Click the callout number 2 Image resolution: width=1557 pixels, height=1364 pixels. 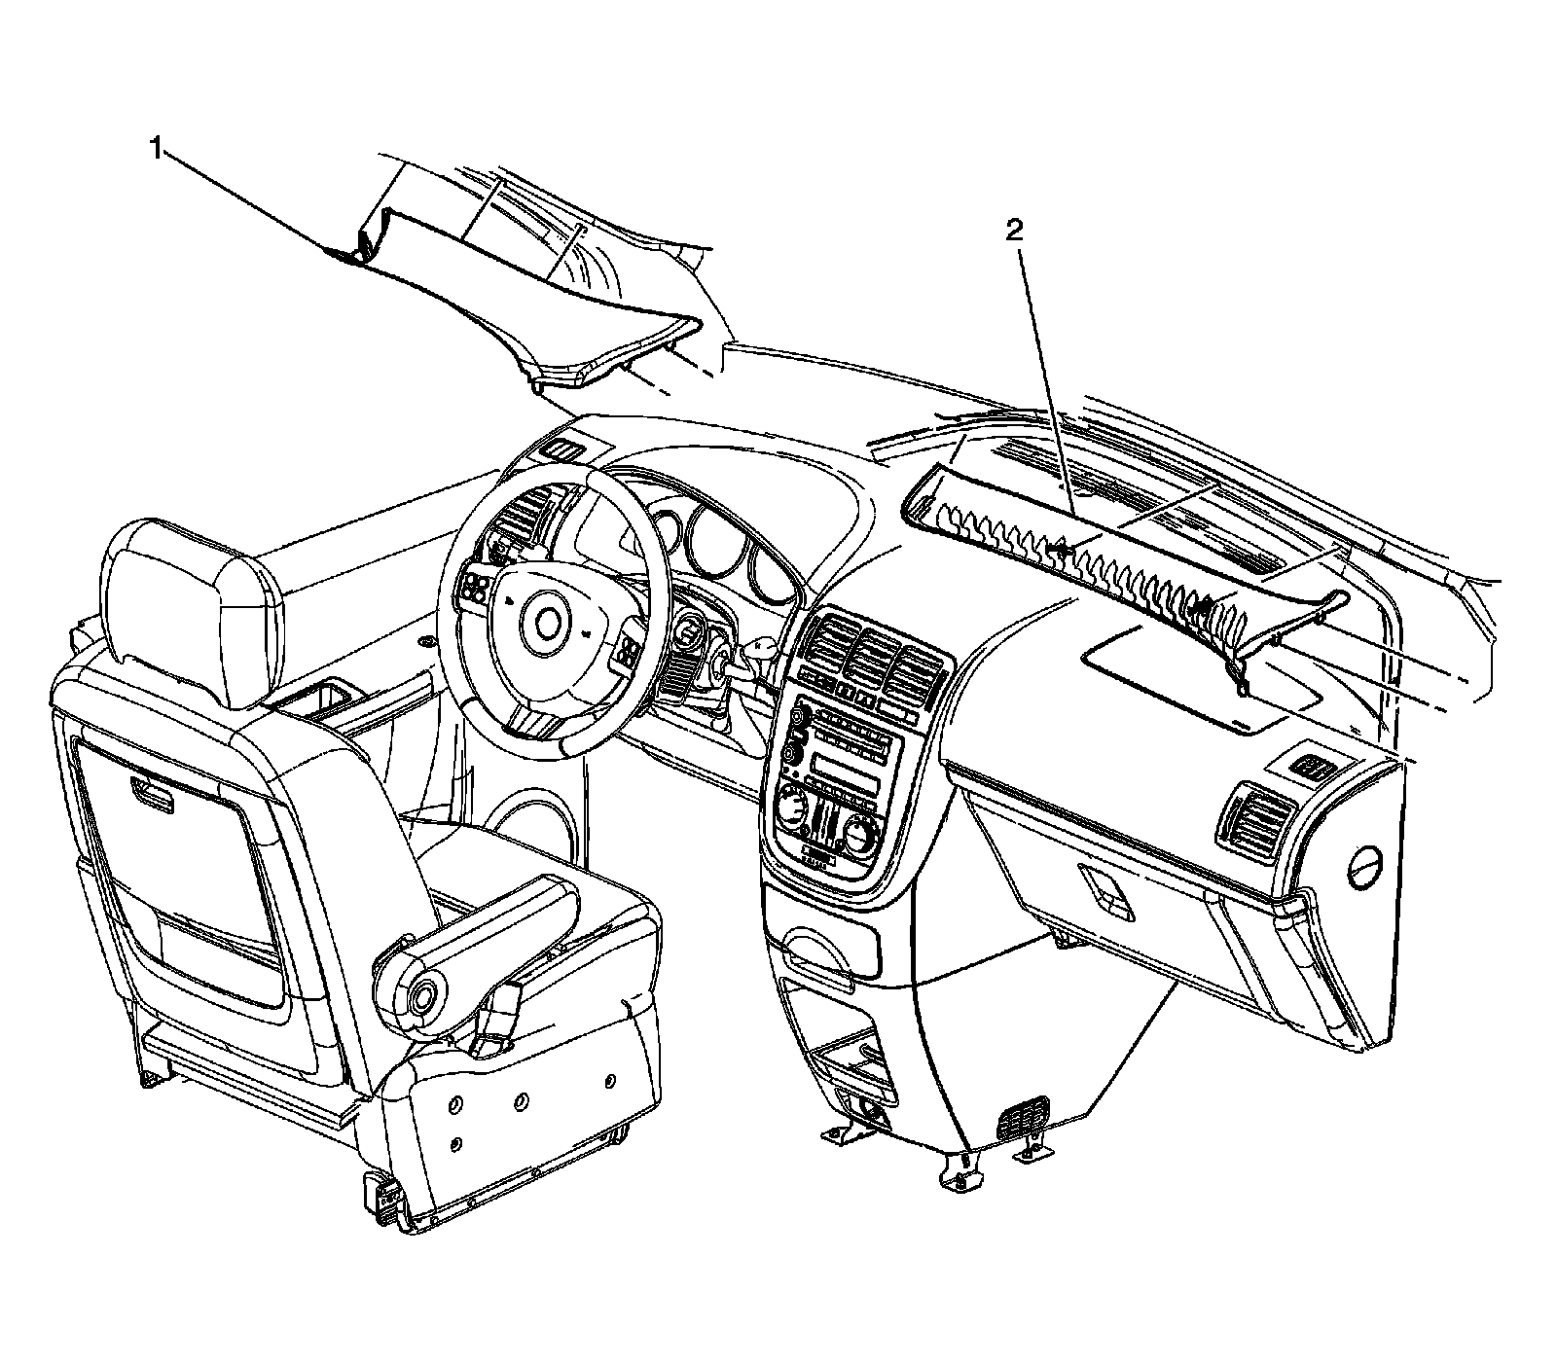1015,230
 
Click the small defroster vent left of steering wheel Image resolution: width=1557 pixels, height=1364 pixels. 561,450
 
